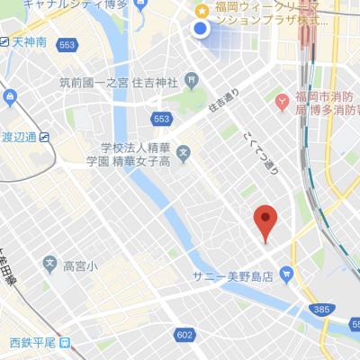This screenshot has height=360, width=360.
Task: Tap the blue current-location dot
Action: click(201, 30)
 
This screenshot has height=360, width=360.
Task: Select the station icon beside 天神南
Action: click(5, 43)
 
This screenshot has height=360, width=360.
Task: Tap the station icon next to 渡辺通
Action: click(45, 138)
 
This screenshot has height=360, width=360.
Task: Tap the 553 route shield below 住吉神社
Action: click(161, 119)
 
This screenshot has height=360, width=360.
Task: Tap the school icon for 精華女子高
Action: click(184, 151)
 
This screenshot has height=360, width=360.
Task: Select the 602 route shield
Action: click(184, 335)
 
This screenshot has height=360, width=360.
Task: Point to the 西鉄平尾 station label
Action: click(34, 343)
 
